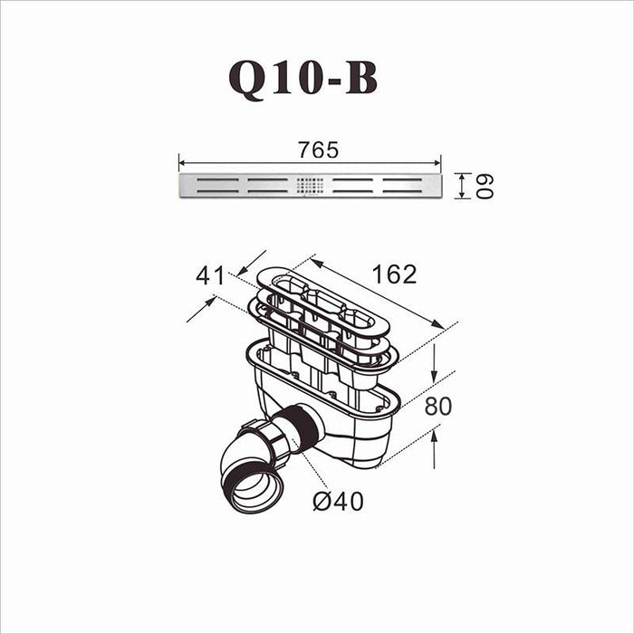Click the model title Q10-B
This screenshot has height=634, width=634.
pos(303,80)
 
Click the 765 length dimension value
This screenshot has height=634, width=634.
pos(318,150)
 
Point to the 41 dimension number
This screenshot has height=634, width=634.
pos(210,276)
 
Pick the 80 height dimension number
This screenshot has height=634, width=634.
pos(437,406)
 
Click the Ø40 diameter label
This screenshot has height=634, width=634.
pos(338,500)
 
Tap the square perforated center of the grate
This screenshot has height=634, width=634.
pos(310,186)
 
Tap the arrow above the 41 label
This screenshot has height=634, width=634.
pos(253,262)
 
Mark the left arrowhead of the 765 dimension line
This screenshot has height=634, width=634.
pos(182,164)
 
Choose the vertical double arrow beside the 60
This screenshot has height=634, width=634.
pos(462,186)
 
